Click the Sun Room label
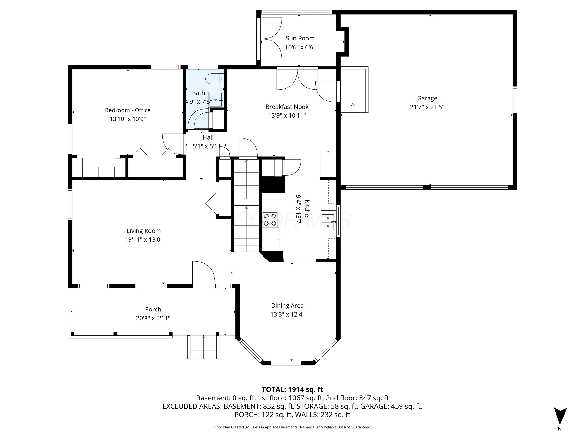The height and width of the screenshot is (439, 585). click(300, 38)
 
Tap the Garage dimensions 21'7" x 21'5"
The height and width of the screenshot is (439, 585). click(427, 107)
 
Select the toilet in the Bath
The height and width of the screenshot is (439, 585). click(214, 79)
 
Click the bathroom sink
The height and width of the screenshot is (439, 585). click(215, 100)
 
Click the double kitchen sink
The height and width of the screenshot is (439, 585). click(328, 222)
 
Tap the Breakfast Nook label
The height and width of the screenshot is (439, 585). click(287, 107)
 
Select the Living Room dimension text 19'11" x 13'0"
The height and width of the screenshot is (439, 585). click(144, 240)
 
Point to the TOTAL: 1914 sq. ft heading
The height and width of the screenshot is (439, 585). click(292, 389)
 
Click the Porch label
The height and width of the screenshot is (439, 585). click(153, 309)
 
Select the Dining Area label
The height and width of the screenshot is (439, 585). click(287, 306)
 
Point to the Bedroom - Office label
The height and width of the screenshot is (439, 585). click(127, 110)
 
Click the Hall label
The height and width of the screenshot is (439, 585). click(208, 137)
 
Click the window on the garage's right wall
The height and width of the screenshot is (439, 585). click(514, 100)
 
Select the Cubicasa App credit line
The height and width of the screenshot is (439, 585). click(292, 427)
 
